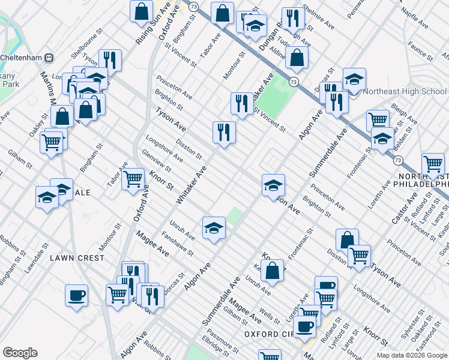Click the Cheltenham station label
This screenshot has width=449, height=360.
click(x=24, y=58)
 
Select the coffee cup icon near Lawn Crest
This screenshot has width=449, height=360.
click(x=77, y=296)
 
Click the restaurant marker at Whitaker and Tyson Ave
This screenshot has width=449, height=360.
click(x=224, y=133)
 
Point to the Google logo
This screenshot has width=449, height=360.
click(x=20, y=353)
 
